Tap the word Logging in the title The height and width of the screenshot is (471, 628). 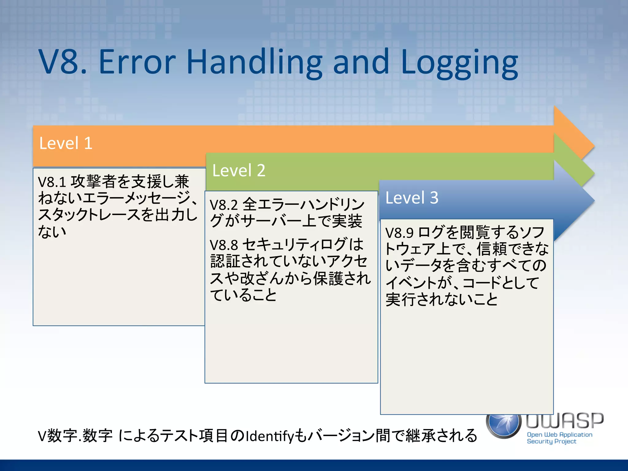coord(459,63)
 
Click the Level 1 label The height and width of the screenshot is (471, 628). coord(66,143)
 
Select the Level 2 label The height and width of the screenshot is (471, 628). coord(239,170)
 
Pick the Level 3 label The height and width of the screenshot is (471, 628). coord(412,198)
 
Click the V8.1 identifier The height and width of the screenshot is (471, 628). coord(52,182)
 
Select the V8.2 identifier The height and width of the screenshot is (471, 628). coord(224,205)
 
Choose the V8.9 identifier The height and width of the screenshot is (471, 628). coord(400,233)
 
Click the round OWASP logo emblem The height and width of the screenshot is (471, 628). coord(504,425)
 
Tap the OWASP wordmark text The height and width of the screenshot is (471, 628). coord(565,421)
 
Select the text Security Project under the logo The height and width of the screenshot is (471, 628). coord(551,442)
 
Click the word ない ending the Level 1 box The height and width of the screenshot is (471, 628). coord(52,232)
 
